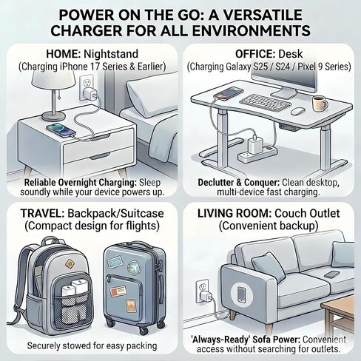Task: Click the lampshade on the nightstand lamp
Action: pos(54,78)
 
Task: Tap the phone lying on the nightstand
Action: pos(61,130)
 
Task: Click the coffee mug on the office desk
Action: pos(320,104)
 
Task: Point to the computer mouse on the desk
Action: pos(298,111)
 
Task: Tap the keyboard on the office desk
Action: pos(265,102)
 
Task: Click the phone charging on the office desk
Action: pos(229,93)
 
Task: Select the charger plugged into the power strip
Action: pos(254,146)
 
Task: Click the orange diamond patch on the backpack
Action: pos(70,264)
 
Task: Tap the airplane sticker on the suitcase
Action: pos(134,267)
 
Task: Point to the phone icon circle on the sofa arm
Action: pos(241,294)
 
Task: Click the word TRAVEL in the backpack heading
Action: pos(42,213)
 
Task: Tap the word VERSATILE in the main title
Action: pos(255,15)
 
